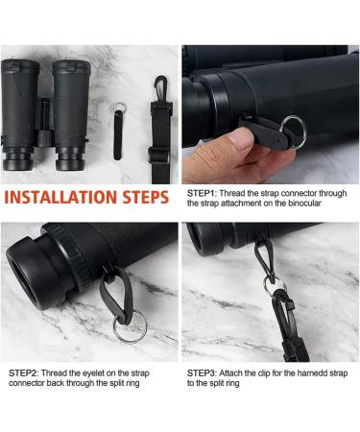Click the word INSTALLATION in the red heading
(x=61, y=197)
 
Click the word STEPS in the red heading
(x=146, y=197)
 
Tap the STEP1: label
(x=203, y=193)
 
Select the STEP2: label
(x=24, y=373)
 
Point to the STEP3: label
(x=203, y=373)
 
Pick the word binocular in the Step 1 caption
(x=304, y=204)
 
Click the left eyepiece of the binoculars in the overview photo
(x=17, y=159)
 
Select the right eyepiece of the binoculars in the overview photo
(x=70, y=159)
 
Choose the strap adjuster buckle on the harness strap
(x=158, y=156)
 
